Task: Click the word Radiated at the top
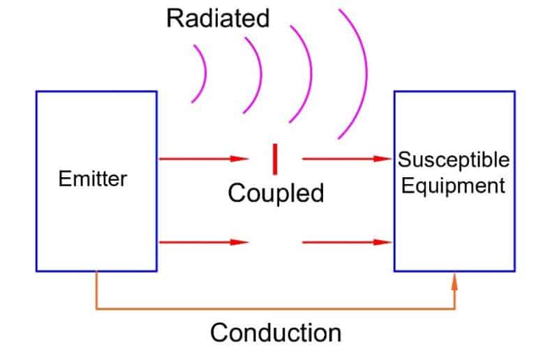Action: coord(217,18)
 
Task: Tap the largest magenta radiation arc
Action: coord(362,73)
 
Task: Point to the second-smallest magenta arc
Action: coord(256,75)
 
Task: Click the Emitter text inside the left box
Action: coord(93,179)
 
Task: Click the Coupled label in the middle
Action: coord(276,193)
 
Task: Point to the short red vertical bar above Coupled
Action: coord(275,158)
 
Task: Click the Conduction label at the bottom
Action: coord(276,332)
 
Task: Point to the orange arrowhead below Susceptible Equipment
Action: coord(455,281)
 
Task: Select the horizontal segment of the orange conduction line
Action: coord(276,307)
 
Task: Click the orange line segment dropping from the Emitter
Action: coord(96,290)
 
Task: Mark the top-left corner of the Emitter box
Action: coord(37,92)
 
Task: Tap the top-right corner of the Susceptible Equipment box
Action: coord(514,92)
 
